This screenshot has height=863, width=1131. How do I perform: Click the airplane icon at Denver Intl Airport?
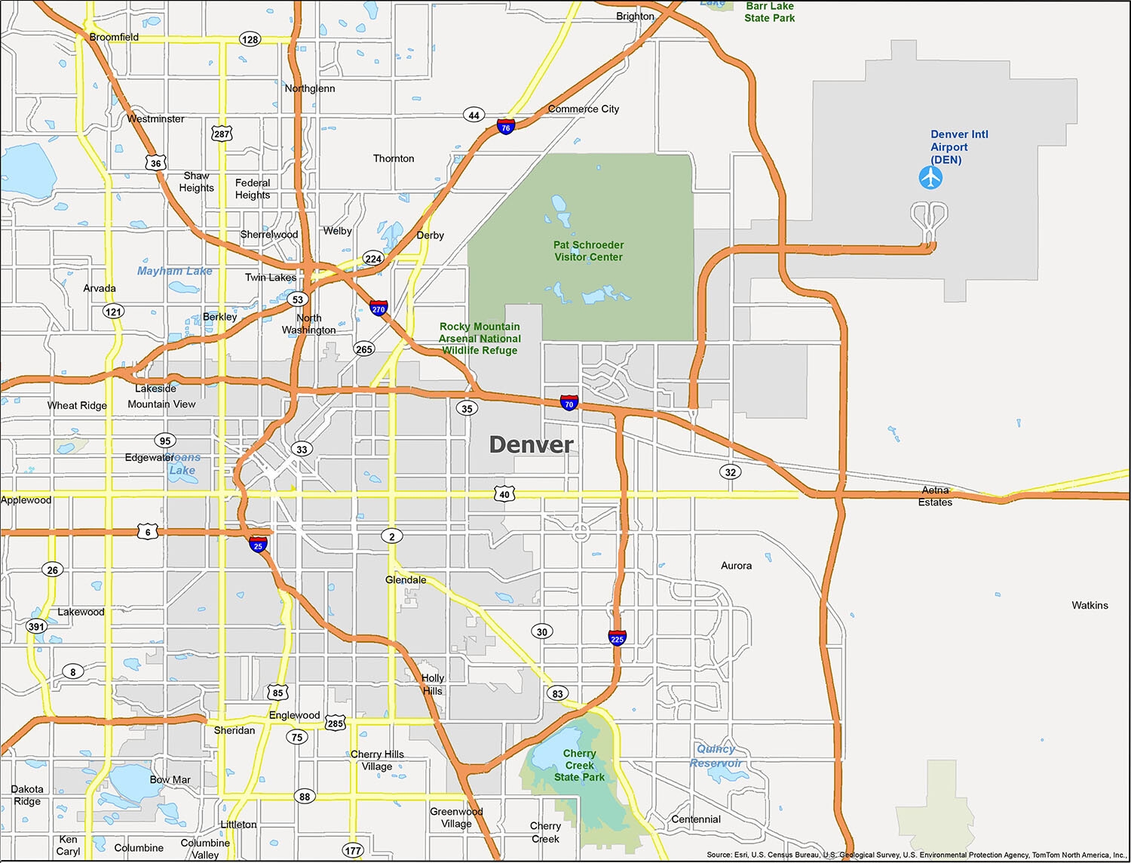click(x=931, y=178)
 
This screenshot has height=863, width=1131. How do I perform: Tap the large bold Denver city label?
click(x=531, y=444)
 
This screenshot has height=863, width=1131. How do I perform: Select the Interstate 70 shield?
click(x=569, y=403)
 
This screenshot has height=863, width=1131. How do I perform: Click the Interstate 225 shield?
click(x=617, y=637)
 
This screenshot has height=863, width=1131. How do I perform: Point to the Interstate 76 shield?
click(x=506, y=127)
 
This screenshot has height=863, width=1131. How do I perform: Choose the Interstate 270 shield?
click(x=379, y=308)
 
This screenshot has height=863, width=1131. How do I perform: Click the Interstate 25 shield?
click(x=258, y=545)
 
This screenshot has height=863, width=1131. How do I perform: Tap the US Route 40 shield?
click(x=504, y=494)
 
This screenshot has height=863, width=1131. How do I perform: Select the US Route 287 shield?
click(x=222, y=134)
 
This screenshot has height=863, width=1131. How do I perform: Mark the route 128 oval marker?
click(x=250, y=39)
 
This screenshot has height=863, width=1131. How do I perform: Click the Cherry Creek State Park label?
click(x=579, y=765)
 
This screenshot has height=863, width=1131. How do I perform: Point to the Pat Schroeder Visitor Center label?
click(x=588, y=251)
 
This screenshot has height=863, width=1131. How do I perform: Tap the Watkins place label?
click(x=1090, y=605)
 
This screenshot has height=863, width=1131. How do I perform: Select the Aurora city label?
click(x=736, y=566)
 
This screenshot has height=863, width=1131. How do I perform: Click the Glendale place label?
click(x=406, y=580)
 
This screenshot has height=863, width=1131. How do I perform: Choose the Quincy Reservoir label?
click(x=716, y=756)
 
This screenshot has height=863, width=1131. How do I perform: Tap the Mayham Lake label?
click(x=175, y=271)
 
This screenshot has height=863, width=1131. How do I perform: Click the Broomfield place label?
click(x=114, y=37)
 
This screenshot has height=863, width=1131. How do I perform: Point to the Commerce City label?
click(x=584, y=109)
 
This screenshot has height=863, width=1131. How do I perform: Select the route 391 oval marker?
click(x=36, y=626)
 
